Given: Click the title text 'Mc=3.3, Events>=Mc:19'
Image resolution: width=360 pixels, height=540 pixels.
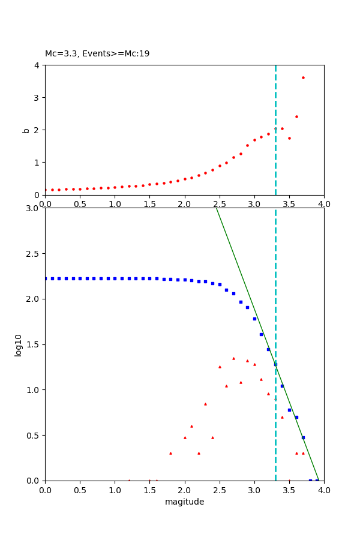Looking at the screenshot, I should click(97, 54).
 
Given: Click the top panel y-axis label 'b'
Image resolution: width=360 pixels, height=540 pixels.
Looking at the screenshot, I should click(26, 130).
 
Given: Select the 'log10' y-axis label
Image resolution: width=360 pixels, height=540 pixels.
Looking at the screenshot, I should click(19, 345).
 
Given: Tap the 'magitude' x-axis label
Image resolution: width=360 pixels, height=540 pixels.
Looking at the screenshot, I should click(184, 502).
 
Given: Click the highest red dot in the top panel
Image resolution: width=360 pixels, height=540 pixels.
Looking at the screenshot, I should click(303, 77).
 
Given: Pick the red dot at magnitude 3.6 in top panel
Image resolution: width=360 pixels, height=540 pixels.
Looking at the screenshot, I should click(296, 116).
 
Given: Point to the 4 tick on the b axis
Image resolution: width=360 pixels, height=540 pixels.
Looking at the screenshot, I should click(37, 65).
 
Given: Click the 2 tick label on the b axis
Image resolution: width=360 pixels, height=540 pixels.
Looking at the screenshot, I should click(37, 130).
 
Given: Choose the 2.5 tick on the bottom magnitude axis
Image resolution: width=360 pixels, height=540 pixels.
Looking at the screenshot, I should click(219, 490).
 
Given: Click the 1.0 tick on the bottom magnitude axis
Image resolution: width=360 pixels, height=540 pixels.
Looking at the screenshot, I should click(115, 490).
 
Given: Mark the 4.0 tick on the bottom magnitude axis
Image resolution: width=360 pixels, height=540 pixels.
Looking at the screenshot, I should click(323, 490).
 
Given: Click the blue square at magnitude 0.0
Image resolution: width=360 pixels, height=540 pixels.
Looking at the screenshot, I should click(45, 278).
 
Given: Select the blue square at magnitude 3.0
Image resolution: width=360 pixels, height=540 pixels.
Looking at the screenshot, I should click(254, 319).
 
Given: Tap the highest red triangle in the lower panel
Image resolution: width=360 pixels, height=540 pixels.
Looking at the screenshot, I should click(233, 358).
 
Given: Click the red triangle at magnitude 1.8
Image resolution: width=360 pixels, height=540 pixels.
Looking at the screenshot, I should click(170, 453).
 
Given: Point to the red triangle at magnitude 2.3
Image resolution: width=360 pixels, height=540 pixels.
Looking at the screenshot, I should click(205, 404).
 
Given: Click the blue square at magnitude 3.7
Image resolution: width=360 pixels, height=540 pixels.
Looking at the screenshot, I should click(303, 437).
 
